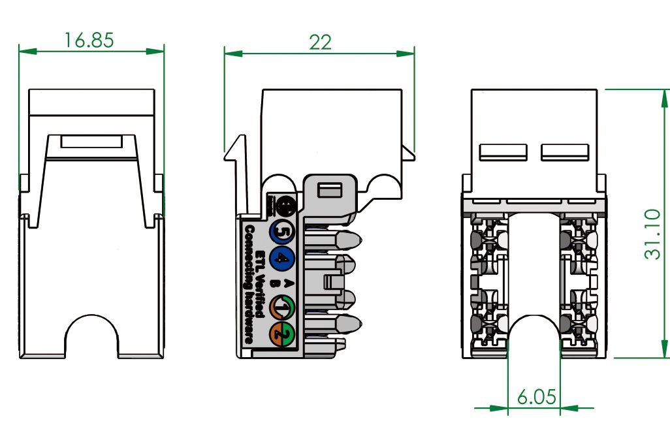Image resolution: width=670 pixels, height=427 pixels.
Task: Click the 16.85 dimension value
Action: (89, 40)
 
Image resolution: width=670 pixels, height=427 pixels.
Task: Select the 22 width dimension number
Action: (320, 42)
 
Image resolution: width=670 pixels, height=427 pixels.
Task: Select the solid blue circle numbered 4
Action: (283, 258)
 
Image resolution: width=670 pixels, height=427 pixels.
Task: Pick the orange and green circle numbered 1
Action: (283, 306)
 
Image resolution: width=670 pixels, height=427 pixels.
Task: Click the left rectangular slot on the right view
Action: (503, 151)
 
